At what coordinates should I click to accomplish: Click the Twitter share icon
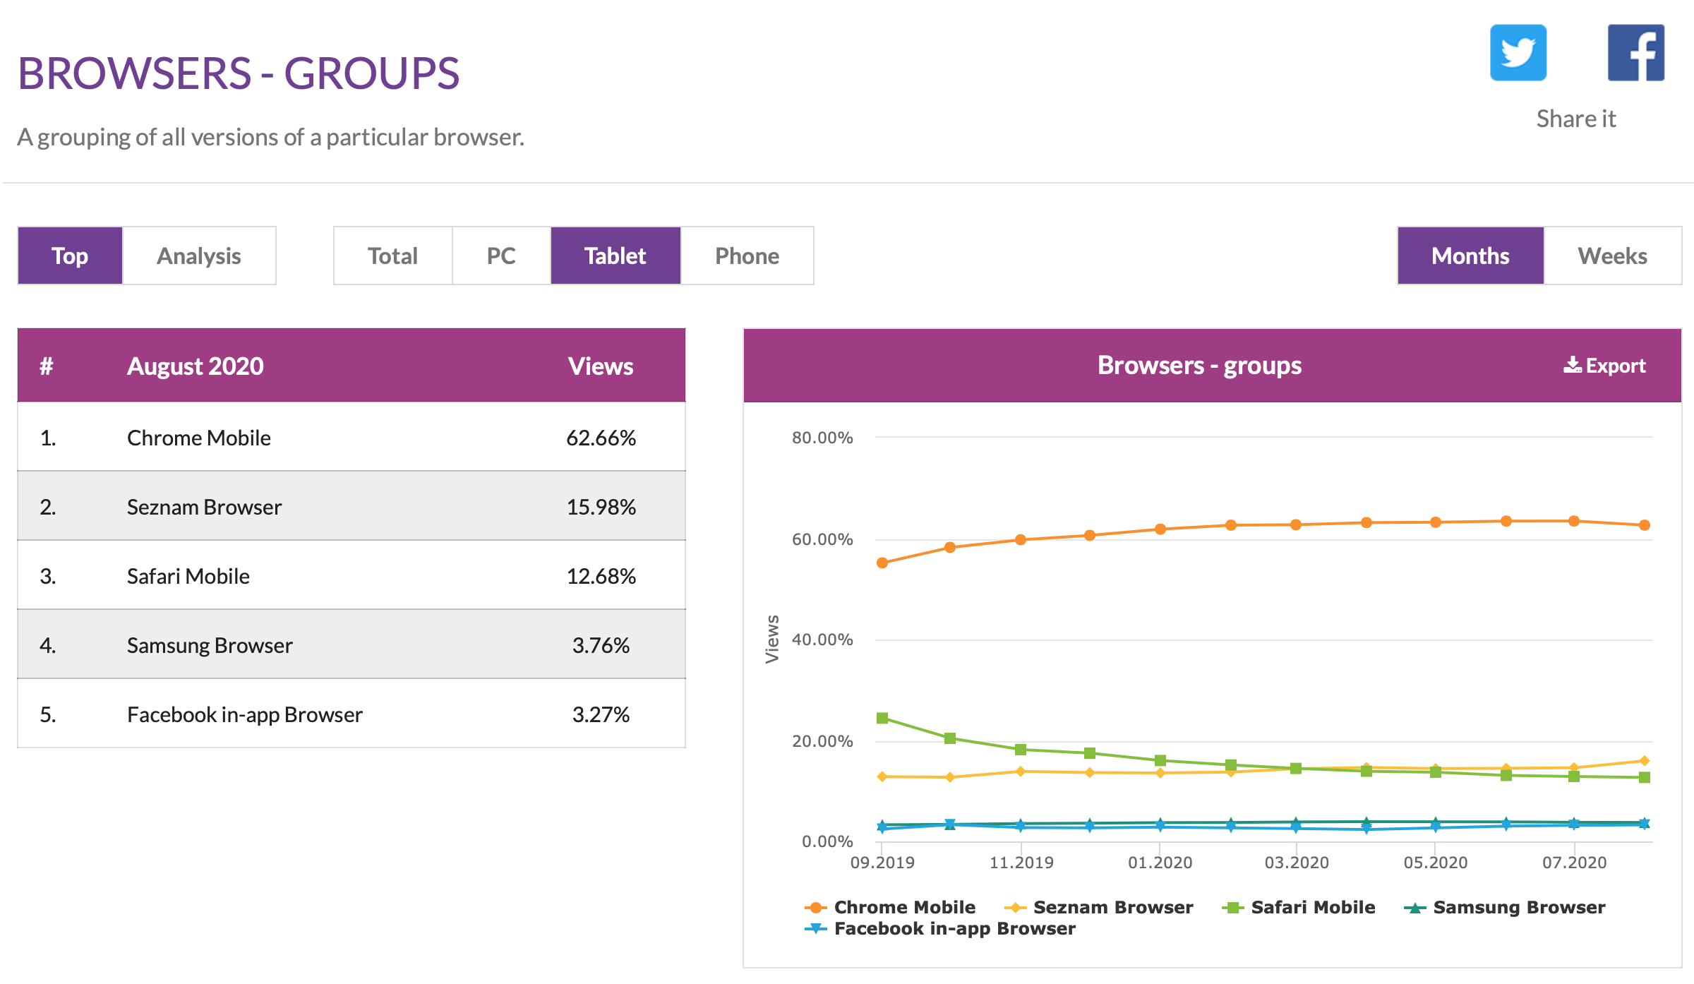coord(1518,53)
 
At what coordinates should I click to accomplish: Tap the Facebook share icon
coord(1635,53)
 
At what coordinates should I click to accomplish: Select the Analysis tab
coord(199,256)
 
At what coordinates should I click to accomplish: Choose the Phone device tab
coord(747,256)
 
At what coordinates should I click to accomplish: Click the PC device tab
coord(501,256)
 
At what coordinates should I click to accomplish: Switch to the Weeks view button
coord(1612,256)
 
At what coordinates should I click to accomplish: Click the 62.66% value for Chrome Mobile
coord(601,438)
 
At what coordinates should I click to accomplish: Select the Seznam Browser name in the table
coord(204,507)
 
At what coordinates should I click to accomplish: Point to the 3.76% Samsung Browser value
coord(601,645)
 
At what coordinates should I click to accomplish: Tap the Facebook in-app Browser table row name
coord(244,714)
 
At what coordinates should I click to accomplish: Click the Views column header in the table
coord(601,366)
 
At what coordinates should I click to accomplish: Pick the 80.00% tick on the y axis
coord(822,438)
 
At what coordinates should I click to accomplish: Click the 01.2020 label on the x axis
coord(1160,862)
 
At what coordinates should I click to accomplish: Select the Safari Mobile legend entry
coord(1312,907)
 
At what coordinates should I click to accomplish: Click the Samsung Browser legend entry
coord(1518,907)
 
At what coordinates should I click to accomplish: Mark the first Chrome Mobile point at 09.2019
coord(882,563)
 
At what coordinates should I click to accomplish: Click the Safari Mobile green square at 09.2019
coord(882,718)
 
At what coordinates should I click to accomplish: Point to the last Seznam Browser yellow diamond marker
coord(1645,761)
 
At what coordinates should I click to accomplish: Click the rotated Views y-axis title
coord(772,639)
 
